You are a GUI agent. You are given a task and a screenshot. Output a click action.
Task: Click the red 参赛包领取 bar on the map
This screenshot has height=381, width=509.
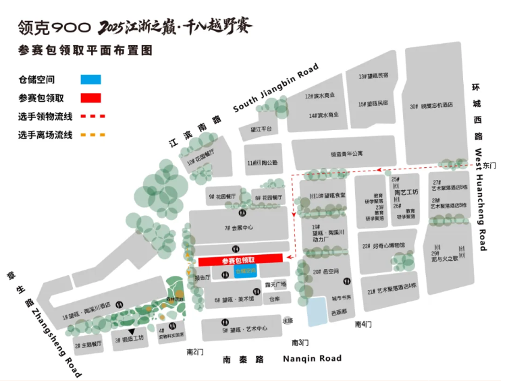pyautogui.click(x=240, y=260)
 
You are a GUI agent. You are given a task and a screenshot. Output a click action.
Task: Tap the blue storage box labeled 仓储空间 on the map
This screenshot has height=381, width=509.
pyautogui.click(x=246, y=270)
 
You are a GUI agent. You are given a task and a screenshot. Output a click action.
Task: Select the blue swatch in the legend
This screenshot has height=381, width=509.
pyautogui.click(x=90, y=80)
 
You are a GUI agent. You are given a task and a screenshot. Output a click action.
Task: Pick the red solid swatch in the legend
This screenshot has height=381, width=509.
pyautogui.click(x=90, y=98)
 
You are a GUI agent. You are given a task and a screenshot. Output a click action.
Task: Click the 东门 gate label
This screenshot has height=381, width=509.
pyautogui.click(x=489, y=165)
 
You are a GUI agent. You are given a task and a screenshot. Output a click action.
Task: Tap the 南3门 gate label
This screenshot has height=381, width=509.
pyautogui.click(x=300, y=343)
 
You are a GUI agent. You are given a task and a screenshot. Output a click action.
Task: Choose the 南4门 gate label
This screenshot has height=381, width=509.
pyautogui.click(x=363, y=325)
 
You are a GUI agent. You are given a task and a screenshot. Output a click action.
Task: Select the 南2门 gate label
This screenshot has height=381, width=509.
pyautogui.click(x=194, y=351)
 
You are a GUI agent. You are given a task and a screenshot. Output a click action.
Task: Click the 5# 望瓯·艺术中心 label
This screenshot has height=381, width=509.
pyautogui.click(x=244, y=330)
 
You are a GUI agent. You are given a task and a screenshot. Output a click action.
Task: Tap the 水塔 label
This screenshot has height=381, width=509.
pyautogui.click(x=288, y=320)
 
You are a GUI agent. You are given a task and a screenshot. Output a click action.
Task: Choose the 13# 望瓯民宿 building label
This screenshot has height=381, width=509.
pyautogui.click(x=373, y=76)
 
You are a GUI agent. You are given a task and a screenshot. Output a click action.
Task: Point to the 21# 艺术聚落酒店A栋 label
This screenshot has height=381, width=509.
pyautogui.click(x=394, y=291)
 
